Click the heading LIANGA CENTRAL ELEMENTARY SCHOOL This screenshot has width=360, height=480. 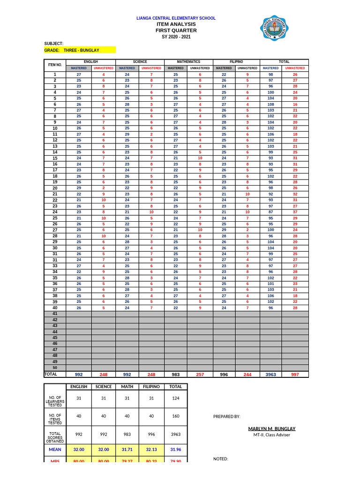(x=176, y=18)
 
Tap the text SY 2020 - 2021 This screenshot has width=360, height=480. (x=176, y=37)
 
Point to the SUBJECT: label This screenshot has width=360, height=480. (x=53, y=43)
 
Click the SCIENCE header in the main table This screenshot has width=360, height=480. (x=140, y=62)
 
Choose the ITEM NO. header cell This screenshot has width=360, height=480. (x=55, y=65)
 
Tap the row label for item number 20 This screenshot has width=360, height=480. (x=55, y=188)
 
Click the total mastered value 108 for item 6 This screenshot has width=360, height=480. (x=270, y=105)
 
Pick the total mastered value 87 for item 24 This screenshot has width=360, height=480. (x=270, y=212)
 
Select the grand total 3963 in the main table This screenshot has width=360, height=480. (x=271, y=375)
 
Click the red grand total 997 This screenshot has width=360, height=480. (x=295, y=375)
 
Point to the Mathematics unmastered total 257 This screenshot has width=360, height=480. (x=200, y=375)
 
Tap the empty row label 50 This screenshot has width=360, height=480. (x=55, y=368)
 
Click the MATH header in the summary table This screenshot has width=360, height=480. (x=127, y=387)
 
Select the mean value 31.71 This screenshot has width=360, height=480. (x=127, y=449)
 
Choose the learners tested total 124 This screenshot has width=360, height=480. (x=176, y=398)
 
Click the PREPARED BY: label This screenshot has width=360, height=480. (x=227, y=416)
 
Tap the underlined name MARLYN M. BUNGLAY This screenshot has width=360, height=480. (x=271, y=428)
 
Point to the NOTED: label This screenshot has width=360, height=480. (x=220, y=459)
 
